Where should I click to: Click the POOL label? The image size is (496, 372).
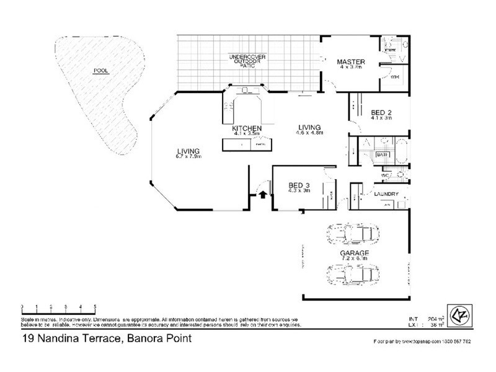coord(100,71)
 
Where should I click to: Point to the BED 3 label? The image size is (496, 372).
coord(299,185)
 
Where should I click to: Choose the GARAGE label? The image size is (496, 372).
coord(354,254)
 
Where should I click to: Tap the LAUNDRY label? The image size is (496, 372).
coord(386,194)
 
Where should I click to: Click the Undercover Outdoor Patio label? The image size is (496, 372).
coord(247,60)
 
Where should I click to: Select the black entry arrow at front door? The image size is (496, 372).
coord(262,195)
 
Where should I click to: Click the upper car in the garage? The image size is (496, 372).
coord(353,234)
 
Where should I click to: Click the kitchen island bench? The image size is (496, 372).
coord(247,144)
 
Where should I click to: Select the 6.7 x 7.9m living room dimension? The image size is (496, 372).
coord(188,156)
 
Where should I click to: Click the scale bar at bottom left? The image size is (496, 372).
coord(58,307)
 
